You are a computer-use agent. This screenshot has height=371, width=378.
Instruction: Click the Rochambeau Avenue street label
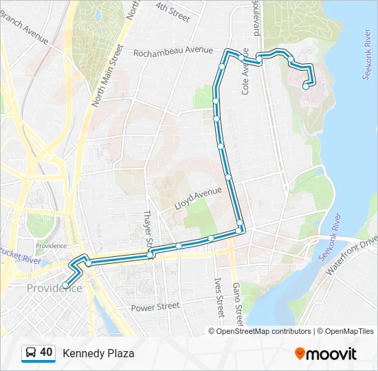(173, 52)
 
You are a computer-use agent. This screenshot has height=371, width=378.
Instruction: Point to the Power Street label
(155, 306)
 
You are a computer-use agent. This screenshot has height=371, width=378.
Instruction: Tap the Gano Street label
(237, 302)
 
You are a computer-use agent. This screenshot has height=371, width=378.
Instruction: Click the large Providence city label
(54, 289)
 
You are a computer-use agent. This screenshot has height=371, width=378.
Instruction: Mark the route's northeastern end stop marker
(306, 87)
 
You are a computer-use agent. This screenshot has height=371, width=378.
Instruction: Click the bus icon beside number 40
(31, 353)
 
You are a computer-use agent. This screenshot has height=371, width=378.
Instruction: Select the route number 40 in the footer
(46, 352)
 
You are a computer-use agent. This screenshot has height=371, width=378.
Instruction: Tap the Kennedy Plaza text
(98, 354)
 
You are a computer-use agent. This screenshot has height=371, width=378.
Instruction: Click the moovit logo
(326, 354)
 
